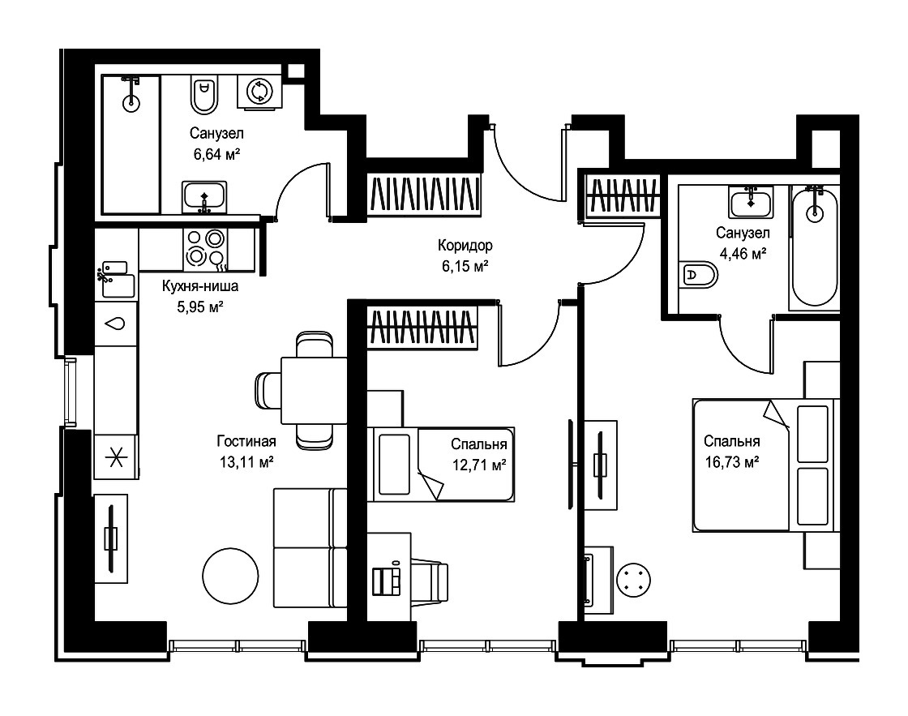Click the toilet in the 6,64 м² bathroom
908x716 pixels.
click(x=203, y=94)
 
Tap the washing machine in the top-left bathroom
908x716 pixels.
click(x=259, y=91)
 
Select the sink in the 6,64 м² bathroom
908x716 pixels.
click(x=204, y=197)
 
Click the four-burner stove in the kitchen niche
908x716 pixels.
click(x=206, y=248)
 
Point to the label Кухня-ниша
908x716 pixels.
click(x=199, y=286)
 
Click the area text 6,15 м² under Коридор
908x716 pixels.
click(x=465, y=267)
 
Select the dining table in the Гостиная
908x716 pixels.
click(x=314, y=391)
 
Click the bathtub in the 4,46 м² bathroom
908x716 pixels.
click(x=814, y=247)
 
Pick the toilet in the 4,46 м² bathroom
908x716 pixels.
click(x=700, y=275)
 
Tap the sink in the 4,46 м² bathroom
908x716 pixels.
click(x=751, y=202)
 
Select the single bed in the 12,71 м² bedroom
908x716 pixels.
click(x=441, y=465)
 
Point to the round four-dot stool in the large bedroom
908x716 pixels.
click(x=633, y=580)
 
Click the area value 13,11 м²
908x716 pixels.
click(x=246, y=462)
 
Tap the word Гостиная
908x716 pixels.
click(x=246, y=441)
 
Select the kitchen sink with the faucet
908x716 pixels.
click(x=117, y=280)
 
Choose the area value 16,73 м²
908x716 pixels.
click(x=732, y=462)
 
